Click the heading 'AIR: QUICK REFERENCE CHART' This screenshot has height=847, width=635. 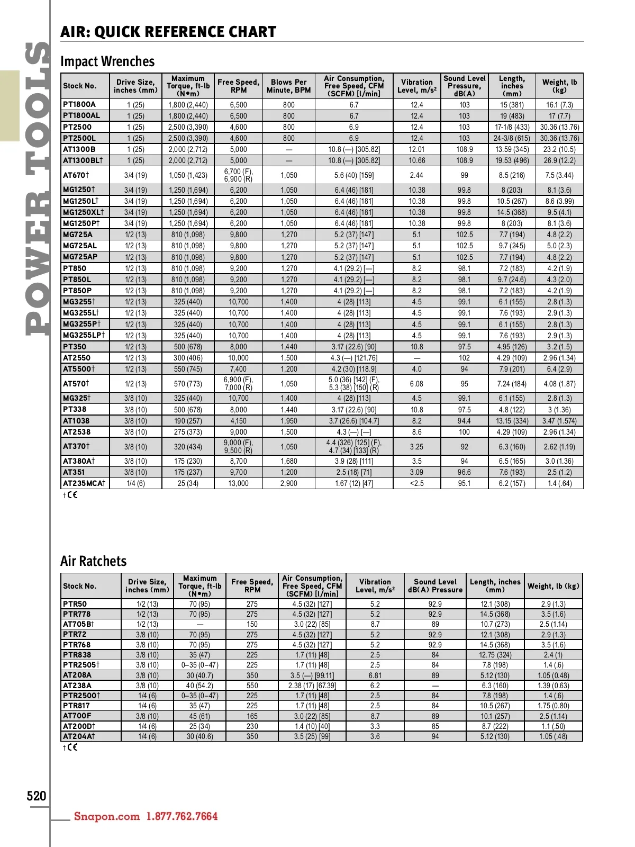coord(168,32)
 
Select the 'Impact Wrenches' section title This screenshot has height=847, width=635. coord(107,61)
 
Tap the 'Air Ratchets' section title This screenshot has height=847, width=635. coord(94,561)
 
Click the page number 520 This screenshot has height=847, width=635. coord(37,796)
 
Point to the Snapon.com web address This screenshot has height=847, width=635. coord(107,816)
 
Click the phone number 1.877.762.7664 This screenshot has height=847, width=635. coord(182,816)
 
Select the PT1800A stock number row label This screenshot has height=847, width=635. coord(79,105)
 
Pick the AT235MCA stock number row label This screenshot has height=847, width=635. coord(84,483)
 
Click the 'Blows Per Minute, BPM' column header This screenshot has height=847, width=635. coord(289,86)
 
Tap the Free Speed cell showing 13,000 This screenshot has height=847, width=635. coord(239,483)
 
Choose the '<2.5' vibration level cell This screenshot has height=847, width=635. coord(417,483)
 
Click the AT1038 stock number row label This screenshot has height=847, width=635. coord(76,421)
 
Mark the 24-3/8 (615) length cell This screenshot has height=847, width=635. coord(512,138)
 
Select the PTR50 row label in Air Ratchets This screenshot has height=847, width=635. coord(75,604)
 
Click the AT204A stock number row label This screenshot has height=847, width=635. coord(79,736)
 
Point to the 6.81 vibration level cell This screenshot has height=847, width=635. coord(375,675)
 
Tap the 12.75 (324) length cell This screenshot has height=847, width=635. coord(495,655)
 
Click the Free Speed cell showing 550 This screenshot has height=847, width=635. coord(252,686)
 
